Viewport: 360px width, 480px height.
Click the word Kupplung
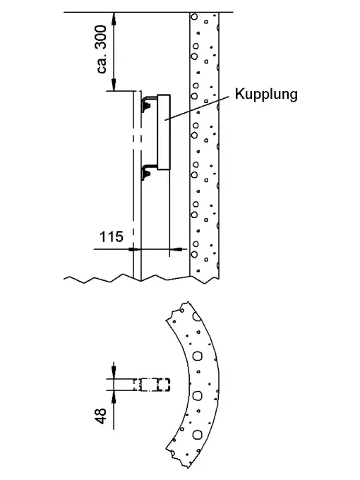[266, 95]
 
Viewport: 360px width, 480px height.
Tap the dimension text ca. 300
[102, 49]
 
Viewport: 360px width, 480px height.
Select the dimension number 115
[112, 236]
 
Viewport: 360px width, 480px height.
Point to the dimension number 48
[102, 416]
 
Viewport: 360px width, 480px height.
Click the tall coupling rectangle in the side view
[164, 132]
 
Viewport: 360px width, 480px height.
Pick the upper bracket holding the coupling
[149, 103]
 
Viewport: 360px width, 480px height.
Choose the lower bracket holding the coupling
[149, 172]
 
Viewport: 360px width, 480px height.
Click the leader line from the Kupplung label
[197, 108]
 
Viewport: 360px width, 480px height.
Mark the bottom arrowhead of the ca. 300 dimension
[114, 85]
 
